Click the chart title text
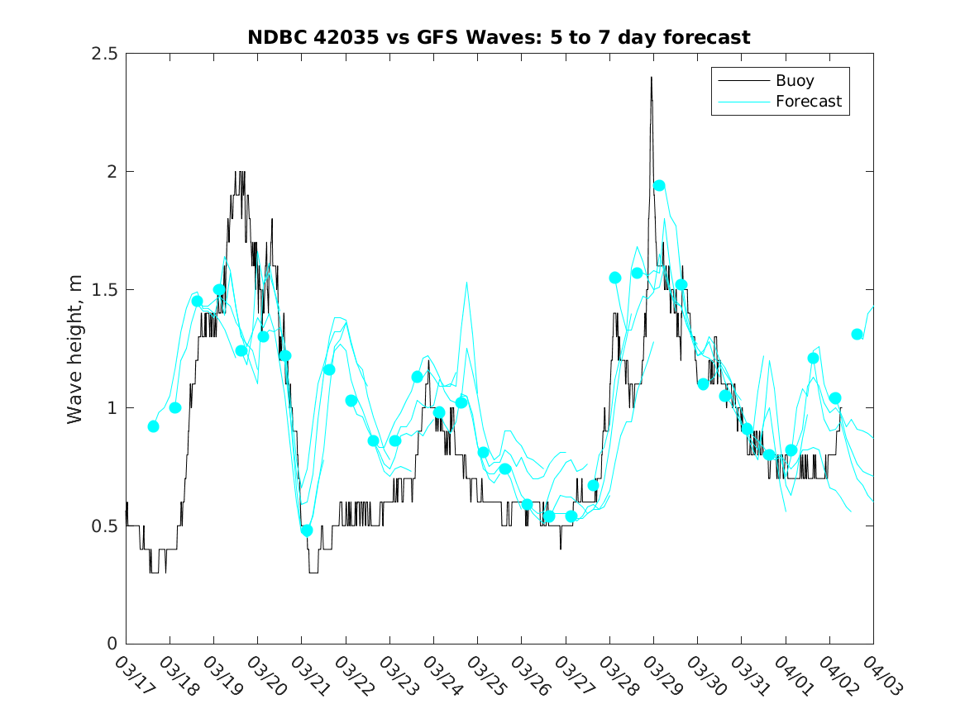(x=499, y=37)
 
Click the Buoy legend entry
(x=794, y=81)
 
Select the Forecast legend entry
(x=808, y=102)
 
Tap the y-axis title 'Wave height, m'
(x=75, y=349)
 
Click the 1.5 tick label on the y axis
(x=103, y=290)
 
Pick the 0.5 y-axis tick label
(x=103, y=526)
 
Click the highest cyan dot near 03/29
(x=659, y=185)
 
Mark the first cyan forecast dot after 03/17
(x=153, y=426)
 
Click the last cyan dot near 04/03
(x=858, y=335)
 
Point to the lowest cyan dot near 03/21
(x=307, y=530)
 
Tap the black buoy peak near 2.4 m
(x=652, y=78)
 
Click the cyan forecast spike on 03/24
(x=466, y=283)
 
